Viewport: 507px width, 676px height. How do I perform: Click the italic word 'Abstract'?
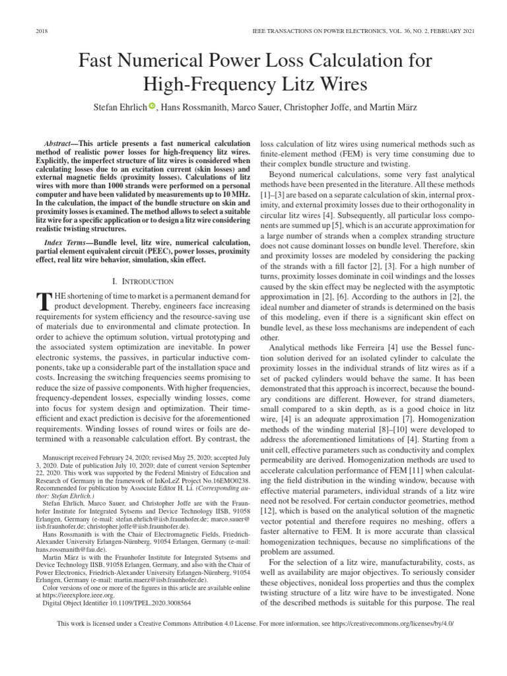tap(57, 143)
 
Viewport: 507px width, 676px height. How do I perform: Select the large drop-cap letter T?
tap(44, 300)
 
